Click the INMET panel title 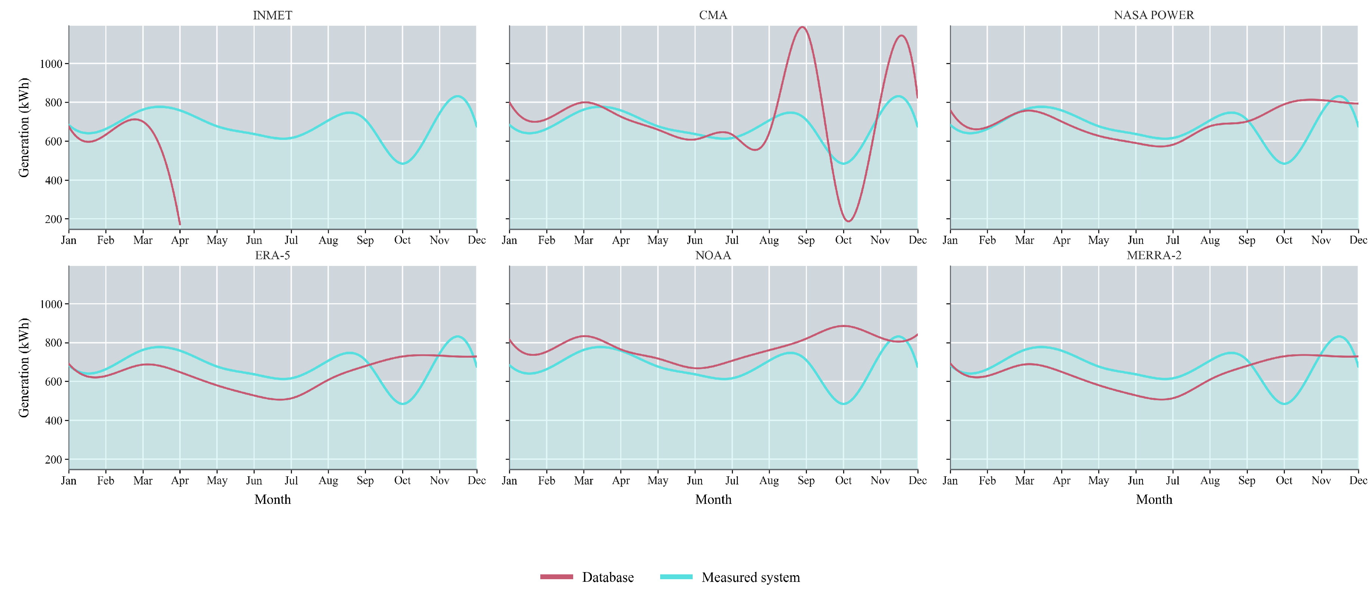[272, 15]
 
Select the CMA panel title [713, 15]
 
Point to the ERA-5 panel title [272, 255]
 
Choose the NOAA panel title [713, 255]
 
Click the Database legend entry [587, 577]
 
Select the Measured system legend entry [730, 577]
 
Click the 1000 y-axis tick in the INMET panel [51, 64]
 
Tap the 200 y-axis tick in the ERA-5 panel [54, 459]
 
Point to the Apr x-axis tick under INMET [180, 240]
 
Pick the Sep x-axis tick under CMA [806, 240]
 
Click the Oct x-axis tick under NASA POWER [1284, 240]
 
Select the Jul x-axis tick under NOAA [732, 480]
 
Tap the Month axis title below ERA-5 [272, 499]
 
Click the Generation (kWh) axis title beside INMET [24, 128]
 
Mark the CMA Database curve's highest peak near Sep [802, 27]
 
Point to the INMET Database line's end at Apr [180, 224]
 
